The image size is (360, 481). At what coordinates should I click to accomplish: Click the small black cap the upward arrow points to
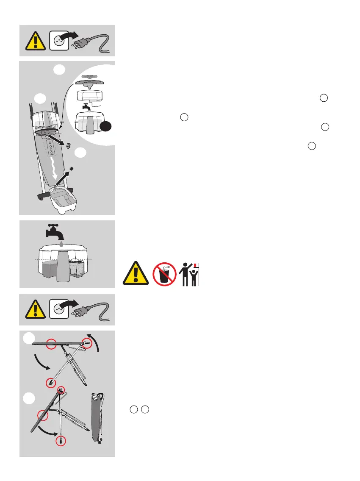[x=72, y=168]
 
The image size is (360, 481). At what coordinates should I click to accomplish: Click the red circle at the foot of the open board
[x=51, y=382]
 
